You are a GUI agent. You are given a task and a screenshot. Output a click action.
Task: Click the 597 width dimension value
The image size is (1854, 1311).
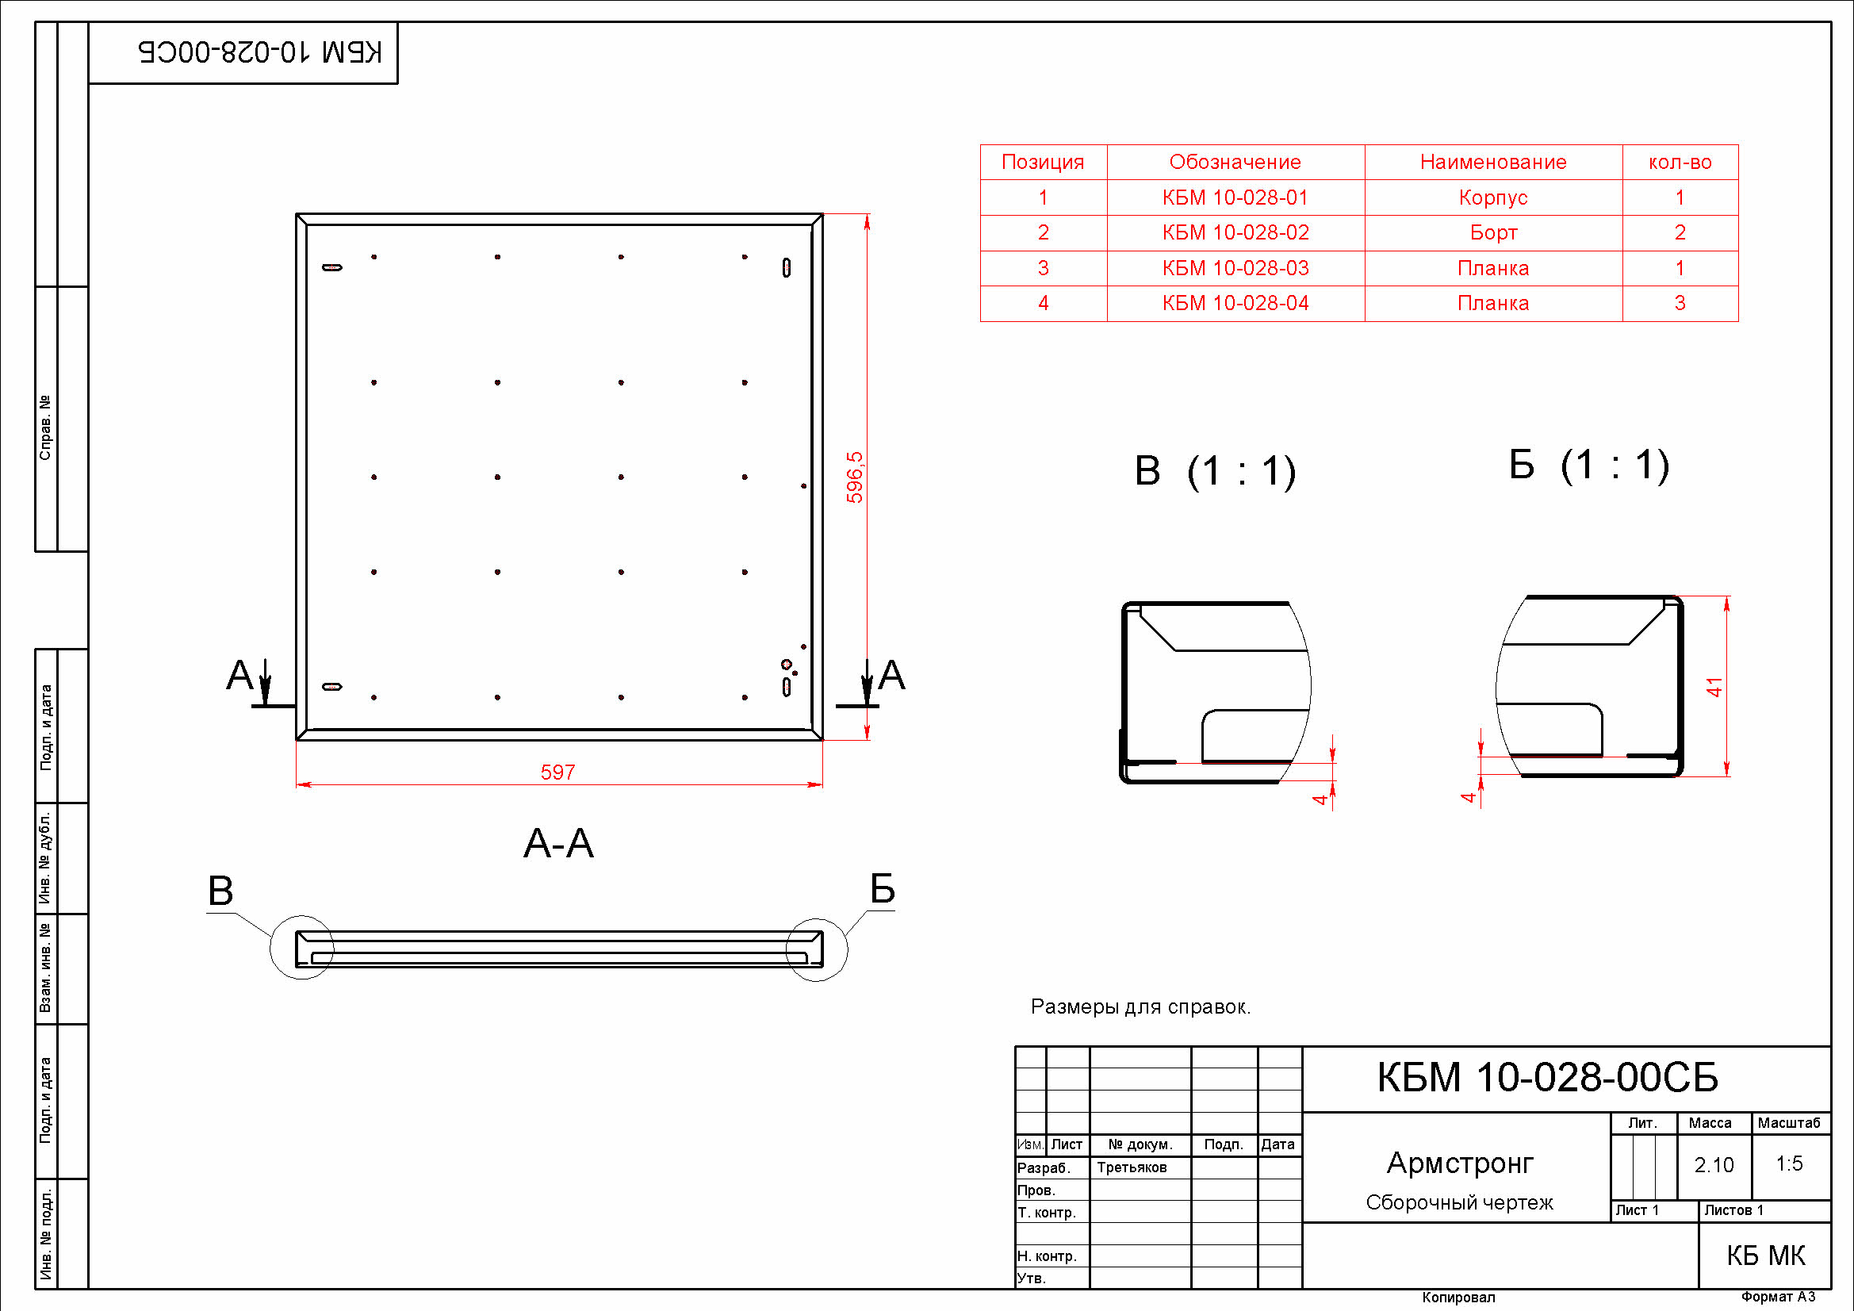[558, 772]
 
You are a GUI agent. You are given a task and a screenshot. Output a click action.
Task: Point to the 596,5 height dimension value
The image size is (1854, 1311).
[855, 477]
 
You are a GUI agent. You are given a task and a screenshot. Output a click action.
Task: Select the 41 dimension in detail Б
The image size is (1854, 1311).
[1715, 688]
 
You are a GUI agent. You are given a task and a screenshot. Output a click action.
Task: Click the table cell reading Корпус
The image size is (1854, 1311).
[1493, 197]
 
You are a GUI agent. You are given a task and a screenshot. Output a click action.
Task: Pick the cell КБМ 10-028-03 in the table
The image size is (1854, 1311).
[1235, 267]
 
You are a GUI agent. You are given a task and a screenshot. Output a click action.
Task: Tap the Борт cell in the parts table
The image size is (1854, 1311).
[1493, 232]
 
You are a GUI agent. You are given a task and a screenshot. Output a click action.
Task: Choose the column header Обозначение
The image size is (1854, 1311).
[1235, 162]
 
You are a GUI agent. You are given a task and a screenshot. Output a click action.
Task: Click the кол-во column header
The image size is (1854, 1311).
[1680, 162]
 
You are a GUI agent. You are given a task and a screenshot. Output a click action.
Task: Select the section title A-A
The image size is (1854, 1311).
[558, 843]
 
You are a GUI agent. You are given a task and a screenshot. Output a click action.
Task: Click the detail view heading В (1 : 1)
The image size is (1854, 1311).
[1216, 471]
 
